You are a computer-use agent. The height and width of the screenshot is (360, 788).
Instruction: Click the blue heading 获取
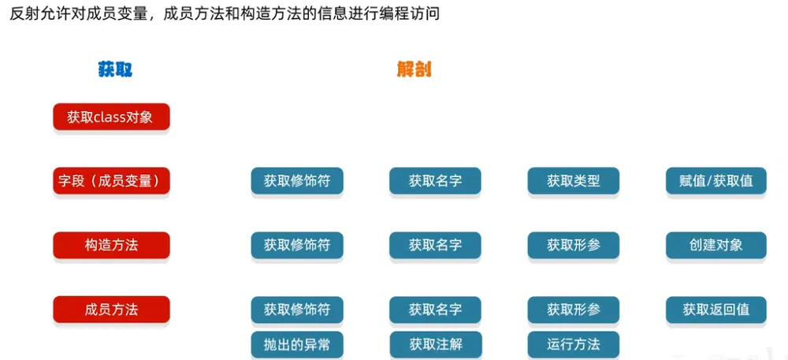tap(115, 70)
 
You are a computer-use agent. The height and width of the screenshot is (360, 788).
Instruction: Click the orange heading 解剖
tap(414, 70)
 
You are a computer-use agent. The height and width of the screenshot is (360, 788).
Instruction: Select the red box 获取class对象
tap(112, 117)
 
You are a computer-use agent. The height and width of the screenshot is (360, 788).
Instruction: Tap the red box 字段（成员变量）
tap(112, 180)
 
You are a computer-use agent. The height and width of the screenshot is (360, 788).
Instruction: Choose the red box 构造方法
tap(112, 245)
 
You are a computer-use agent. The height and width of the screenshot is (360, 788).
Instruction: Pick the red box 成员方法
tap(112, 310)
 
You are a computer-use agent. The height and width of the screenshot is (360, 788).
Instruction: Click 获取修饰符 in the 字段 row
tap(297, 180)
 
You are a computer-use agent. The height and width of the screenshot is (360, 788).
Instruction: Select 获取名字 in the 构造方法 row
tap(435, 245)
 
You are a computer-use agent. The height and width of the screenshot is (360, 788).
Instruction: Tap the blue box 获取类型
tap(574, 180)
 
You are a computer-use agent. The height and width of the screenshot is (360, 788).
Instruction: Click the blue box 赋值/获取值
tap(716, 180)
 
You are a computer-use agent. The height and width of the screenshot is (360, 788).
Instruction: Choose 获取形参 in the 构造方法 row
tap(574, 245)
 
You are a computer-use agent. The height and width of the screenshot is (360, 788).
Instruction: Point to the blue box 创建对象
tap(716, 245)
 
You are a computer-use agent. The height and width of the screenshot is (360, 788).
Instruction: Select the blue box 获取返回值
tap(716, 310)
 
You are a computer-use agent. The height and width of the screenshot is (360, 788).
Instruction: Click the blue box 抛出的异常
tap(297, 344)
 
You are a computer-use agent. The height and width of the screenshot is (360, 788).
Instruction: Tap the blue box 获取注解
tap(435, 344)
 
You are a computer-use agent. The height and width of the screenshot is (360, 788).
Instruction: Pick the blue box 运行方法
tap(574, 344)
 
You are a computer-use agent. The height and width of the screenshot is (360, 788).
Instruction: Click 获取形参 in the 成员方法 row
tap(574, 310)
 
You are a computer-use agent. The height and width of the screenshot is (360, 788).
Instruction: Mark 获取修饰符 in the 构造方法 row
tap(297, 245)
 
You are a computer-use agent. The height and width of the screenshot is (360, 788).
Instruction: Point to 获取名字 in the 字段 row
tap(435, 180)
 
